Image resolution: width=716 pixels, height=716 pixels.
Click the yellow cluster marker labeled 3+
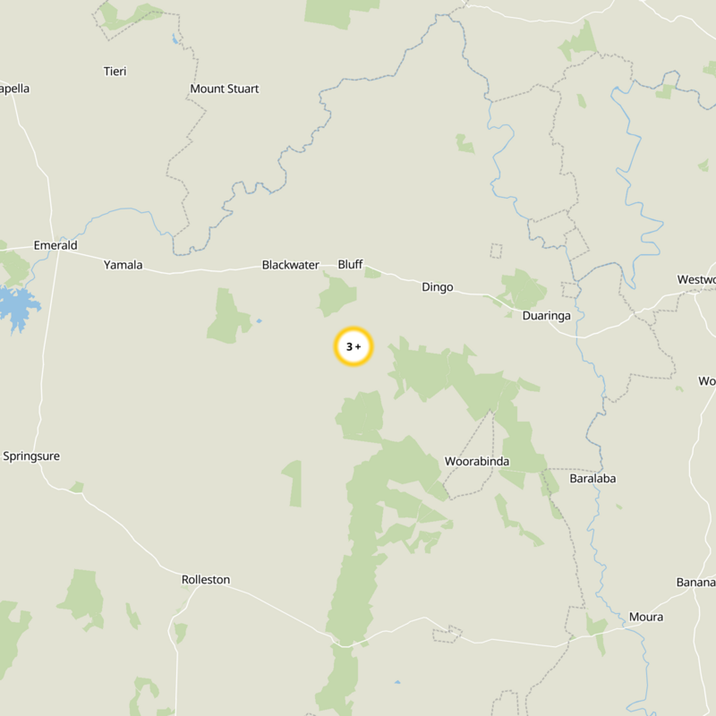(354, 346)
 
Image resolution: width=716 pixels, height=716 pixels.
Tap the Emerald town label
(55, 245)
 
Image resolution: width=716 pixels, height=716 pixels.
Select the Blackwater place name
(290, 265)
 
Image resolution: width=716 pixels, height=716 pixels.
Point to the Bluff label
(350, 264)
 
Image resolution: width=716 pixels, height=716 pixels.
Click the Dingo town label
(438, 287)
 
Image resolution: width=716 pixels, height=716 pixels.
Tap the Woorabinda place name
(477, 462)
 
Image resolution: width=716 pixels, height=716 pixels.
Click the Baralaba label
(592, 479)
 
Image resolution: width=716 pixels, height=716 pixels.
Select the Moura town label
(646, 618)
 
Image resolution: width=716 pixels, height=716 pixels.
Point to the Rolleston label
(206, 580)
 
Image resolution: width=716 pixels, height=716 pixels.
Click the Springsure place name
(31, 456)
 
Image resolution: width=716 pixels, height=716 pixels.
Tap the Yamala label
(123, 265)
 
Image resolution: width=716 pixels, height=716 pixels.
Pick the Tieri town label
(115, 71)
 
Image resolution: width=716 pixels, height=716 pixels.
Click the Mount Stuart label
(225, 89)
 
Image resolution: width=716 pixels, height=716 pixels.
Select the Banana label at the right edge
(696, 583)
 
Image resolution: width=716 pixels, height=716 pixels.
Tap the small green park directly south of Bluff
(337, 295)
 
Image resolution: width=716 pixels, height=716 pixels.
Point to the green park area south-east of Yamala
(227, 317)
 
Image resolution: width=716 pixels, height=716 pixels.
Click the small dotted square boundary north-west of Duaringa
(496, 251)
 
